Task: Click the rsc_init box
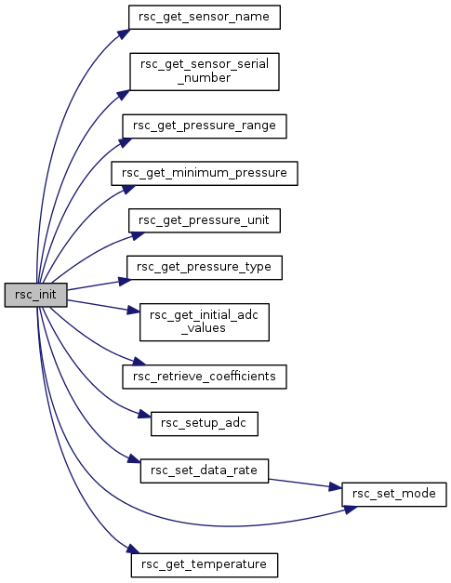[x=35, y=295]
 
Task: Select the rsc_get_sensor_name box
[x=205, y=17]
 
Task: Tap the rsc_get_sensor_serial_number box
[x=205, y=72]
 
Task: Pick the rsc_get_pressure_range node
[x=205, y=126]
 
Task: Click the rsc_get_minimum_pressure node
[x=205, y=173]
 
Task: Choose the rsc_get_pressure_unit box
[x=205, y=220]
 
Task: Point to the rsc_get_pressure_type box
[x=205, y=268]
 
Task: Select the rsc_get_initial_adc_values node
[x=205, y=322]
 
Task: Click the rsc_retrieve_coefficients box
[x=205, y=377]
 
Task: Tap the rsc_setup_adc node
[x=205, y=423]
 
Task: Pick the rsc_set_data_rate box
[x=205, y=470]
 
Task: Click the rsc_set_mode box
[x=393, y=494]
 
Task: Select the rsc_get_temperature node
[x=205, y=564]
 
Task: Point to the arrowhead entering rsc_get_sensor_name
[x=125, y=33]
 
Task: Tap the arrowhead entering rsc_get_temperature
[x=133, y=549]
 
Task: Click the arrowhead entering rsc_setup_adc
[x=145, y=415]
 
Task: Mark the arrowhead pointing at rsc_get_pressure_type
[x=125, y=282]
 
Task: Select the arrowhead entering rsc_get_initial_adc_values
[x=134, y=310]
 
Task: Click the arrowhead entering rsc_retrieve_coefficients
[x=139, y=362]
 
